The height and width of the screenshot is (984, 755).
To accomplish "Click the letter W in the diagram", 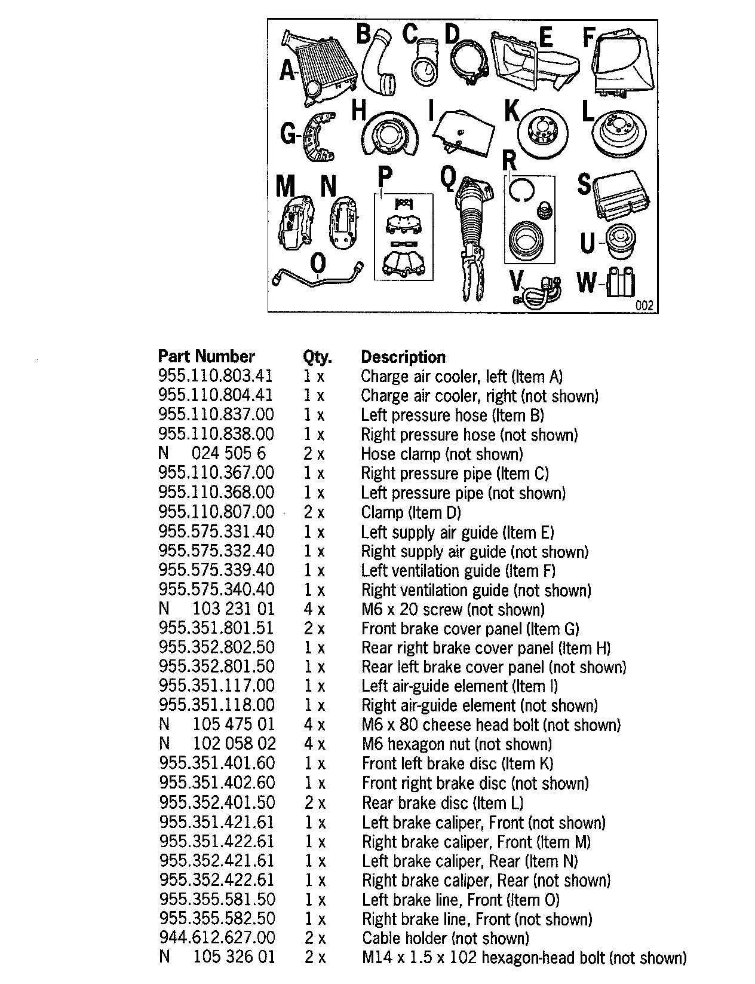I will tap(587, 282).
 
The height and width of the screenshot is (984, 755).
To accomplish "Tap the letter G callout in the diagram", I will tap(288, 134).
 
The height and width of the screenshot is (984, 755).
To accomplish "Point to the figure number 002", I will tap(644, 305).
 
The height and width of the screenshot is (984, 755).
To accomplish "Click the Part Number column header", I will tap(206, 356).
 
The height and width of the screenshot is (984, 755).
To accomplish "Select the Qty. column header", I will tap(317, 357).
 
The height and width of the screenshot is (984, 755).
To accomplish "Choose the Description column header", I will tap(403, 357).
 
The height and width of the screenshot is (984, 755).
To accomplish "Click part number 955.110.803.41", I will tap(216, 376).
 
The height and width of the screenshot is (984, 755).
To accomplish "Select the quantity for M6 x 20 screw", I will tap(314, 609).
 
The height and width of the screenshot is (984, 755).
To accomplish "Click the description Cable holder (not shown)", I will tap(445, 939).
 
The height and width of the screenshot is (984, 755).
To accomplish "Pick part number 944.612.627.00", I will tap(217, 939).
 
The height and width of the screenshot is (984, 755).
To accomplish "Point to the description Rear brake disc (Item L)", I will tap(443, 803).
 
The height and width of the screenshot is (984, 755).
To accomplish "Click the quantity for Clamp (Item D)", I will tap(314, 512).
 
